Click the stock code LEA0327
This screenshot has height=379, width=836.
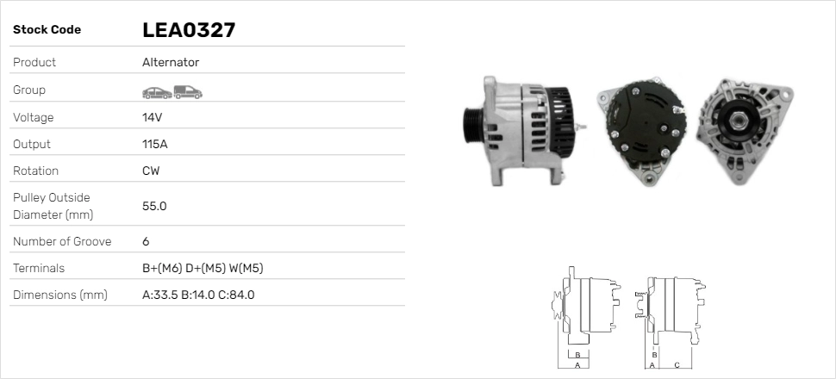(189, 30)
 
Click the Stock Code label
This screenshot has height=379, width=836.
(47, 30)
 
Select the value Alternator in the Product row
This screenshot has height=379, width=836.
(171, 63)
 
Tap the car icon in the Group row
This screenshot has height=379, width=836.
(156, 90)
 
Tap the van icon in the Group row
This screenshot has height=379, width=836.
(187, 90)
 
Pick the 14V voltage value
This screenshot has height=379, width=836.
(153, 117)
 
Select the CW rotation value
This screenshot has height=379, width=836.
(151, 171)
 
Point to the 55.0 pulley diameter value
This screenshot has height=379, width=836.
(154, 206)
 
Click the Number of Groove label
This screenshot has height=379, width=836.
(62, 241)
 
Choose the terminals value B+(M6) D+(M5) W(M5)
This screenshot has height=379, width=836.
(203, 268)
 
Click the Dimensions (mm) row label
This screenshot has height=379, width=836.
(59, 295)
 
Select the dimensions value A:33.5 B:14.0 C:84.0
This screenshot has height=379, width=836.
(198, 295)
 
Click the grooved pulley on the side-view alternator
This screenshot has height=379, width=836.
(473, 129)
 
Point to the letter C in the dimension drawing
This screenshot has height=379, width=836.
(677, 365)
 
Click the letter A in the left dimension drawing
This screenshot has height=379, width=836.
(577, 365)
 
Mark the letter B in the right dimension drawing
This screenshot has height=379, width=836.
(655, 354)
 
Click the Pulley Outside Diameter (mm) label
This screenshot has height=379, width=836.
(52, 206)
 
